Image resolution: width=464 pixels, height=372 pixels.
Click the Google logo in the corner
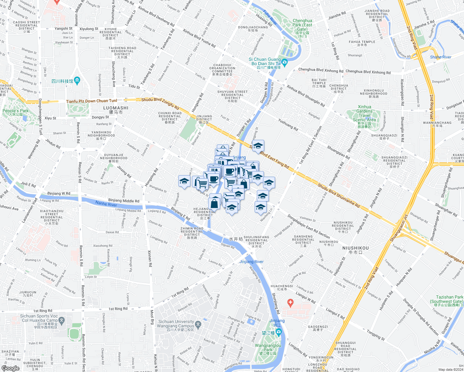[11, 368]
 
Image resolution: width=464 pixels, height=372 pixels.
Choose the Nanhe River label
[106, 204]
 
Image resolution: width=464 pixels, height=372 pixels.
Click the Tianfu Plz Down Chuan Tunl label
[91, 101]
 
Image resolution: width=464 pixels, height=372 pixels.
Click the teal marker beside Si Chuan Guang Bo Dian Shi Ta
[285, 62]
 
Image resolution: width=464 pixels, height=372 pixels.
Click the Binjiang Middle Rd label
[124, 201]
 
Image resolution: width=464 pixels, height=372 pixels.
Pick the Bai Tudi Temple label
[319, 82]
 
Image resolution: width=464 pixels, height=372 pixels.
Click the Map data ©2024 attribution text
[451, 370]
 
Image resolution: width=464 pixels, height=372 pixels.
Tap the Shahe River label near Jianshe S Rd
[440, 57]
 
